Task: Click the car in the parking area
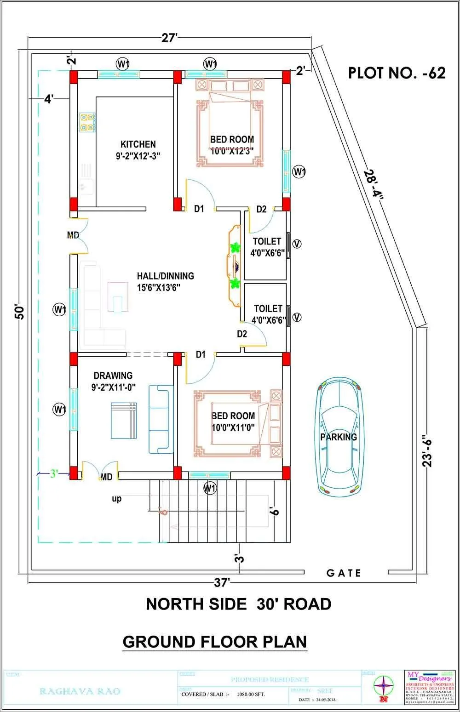point(339,437)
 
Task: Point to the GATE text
point(344,573)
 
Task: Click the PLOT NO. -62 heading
point(397,73)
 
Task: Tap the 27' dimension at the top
point(169,38)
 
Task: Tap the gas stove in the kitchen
point(86,122)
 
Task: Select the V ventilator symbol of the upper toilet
point(297,244)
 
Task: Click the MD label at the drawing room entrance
point(106,477)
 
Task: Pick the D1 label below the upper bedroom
point(199,209)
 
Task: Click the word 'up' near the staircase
point(117,499)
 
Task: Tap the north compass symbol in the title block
point(383,688)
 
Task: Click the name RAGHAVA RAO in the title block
point(80,691)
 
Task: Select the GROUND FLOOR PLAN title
point(214,642)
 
